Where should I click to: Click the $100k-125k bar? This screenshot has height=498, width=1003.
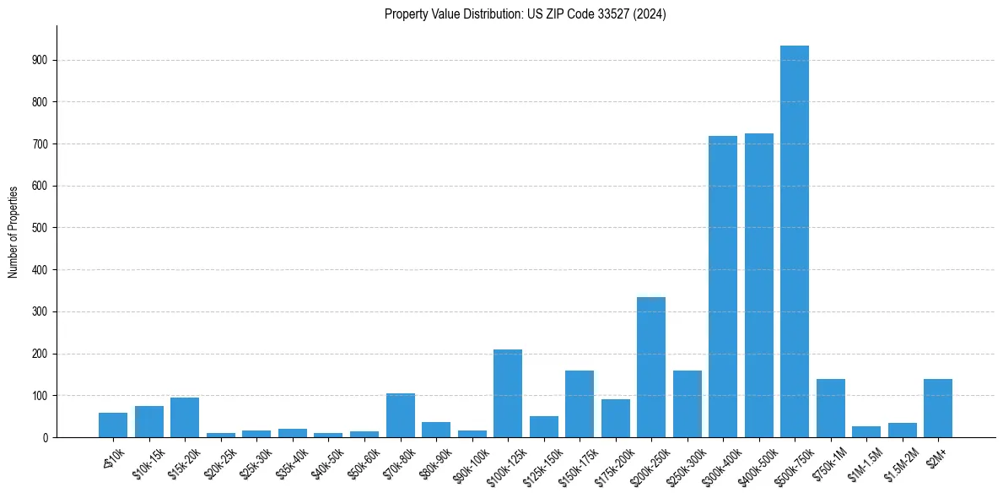(508, 393)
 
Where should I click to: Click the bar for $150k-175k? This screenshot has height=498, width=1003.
(580, 404)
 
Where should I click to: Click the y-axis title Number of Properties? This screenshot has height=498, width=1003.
(13, 231)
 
